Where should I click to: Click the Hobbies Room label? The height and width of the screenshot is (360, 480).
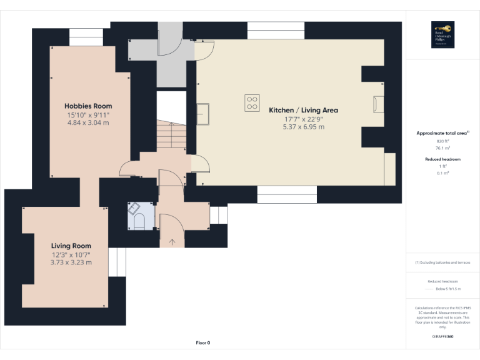[87, 106]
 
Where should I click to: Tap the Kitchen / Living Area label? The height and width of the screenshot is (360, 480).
[304, 110]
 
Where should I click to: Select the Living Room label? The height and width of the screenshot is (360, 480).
[71, 246]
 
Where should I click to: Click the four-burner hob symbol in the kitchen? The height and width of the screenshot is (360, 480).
[252, 102]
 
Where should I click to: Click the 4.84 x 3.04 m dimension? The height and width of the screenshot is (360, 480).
[88, 123]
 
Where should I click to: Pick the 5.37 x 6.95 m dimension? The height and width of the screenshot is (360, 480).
[304, 127]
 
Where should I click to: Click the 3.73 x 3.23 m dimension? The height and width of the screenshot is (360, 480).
[71, 262]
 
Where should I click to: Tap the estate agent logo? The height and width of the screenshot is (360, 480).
[442, 34]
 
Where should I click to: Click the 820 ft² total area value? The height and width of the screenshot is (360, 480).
[442, 142]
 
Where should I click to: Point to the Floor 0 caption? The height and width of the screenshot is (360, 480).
[203, 342]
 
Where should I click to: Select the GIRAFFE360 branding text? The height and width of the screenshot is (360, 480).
[442, 337]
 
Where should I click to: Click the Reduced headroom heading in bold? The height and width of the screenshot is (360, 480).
[442, 159]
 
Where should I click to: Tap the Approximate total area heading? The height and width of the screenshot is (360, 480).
[441, 133]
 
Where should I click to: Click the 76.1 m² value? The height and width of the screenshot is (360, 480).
[442, 148]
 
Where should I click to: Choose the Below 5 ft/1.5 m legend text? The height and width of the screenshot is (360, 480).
[449, 289]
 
